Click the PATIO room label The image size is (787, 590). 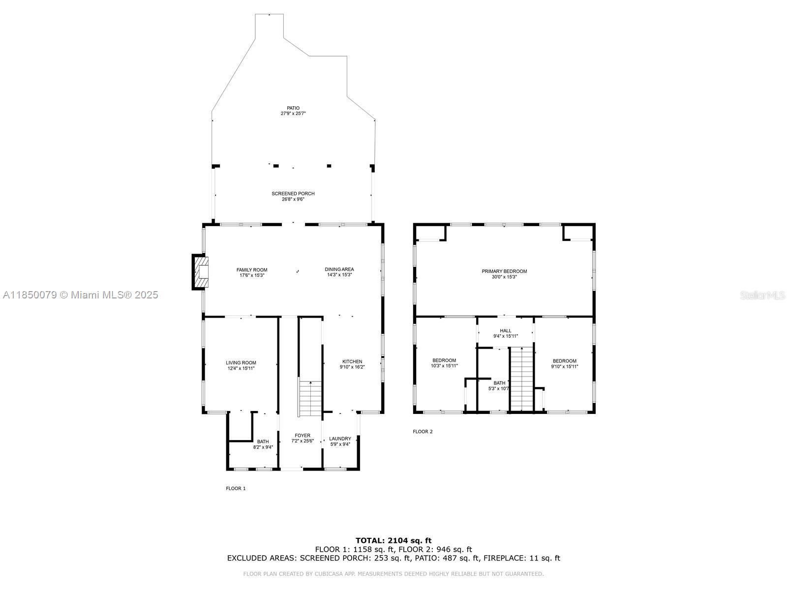[293, 108]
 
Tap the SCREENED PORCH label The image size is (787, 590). [293, 193]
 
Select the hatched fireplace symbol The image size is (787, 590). [200, 272]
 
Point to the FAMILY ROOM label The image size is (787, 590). [252, 270]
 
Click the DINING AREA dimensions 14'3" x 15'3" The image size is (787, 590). [339, 275]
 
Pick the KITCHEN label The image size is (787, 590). [352, 361]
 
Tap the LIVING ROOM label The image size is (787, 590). [241, 362]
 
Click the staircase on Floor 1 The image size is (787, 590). [310, 399]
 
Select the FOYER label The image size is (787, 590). [302, 435]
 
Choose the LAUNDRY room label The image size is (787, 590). [340, 439]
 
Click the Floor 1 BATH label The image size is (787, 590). [263, 442]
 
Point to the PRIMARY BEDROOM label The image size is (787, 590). [504, 271]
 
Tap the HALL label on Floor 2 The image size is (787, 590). [506, 330]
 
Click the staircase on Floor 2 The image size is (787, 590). [522, 379]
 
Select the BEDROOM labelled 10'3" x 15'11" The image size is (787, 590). [444, 363]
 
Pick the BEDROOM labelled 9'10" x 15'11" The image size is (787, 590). [564, 364]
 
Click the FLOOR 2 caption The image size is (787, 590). [423, 431]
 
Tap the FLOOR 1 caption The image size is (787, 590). [236, 488]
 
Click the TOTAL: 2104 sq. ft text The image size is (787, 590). [393, 540]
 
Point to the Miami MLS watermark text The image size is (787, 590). [80, 295]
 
